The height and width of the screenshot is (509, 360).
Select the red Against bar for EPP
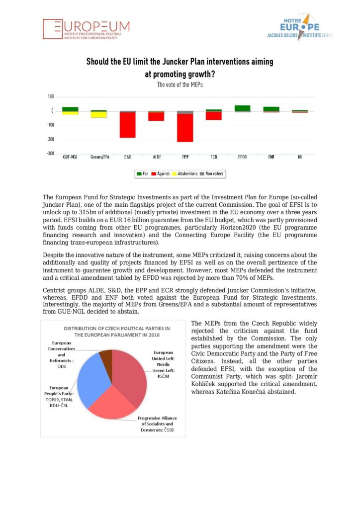[x=185, y=127]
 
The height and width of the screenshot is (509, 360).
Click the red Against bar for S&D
[x=128, y=125]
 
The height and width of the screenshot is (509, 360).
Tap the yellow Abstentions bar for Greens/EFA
[x=99, y=115]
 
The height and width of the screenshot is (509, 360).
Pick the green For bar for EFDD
[x=243, y=108]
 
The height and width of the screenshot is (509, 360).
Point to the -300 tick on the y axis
[x=51, y=154]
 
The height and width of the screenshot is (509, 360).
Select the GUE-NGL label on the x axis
[x=70, y=157]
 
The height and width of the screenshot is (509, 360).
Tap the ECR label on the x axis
[x=214, y=157]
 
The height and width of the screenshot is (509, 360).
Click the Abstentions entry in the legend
[x=184, y=173]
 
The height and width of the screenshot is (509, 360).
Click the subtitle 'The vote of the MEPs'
[x=180, y=85]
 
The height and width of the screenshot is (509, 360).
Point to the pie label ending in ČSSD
[x=157, y=424]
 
